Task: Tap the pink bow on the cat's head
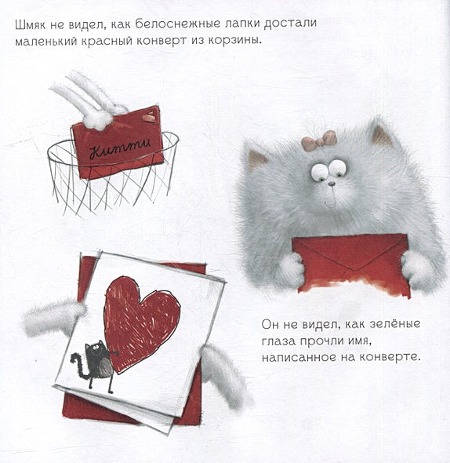point(318,141)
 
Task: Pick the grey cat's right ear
point(382,135)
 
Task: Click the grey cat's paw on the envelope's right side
point(417,271)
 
